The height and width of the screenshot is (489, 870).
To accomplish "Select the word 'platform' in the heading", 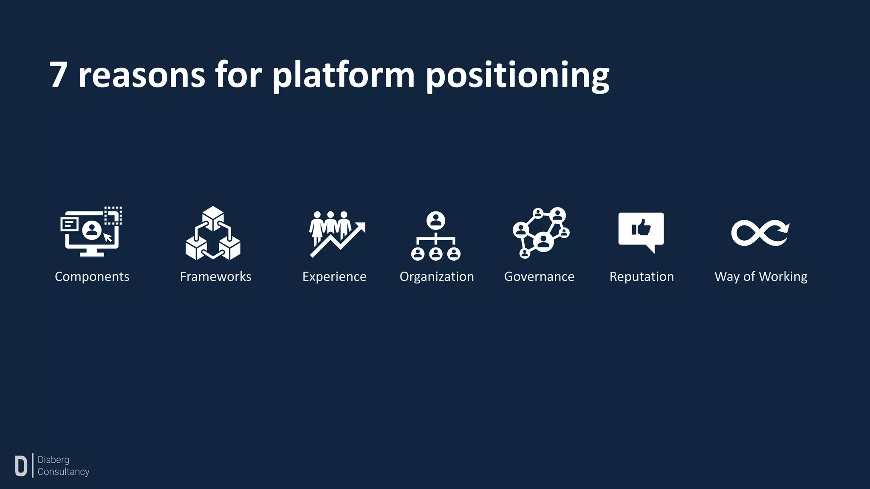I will pyautogui.click(x=343, y=76).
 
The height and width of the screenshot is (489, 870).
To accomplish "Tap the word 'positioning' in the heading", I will pyautogui.click(x=517, y=76).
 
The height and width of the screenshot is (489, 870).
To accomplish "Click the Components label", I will pyautogui.click(x=92, y=277).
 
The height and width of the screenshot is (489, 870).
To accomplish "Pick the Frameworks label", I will pyautogui.click(x=215, y=277).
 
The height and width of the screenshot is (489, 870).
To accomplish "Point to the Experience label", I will pyautogui.click(x=334, y=277).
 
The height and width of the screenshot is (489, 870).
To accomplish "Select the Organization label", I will pyautogui.click(x=436, y=277).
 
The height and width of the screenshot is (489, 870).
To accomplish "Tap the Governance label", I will pyautogui.click(x=539, y=277).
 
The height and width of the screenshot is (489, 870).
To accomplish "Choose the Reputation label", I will pyautogui.click(x=641, y=277).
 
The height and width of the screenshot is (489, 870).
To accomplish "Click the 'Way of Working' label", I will pyautogui.click(x=761, y=277).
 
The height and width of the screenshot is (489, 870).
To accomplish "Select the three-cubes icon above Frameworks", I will pyautogui.click(x=213, y=233).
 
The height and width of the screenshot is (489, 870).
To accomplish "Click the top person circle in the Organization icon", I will pyautogui.click(x=436, y=220).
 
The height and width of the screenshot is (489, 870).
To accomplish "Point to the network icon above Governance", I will pyautogui.click(x=541, y=233).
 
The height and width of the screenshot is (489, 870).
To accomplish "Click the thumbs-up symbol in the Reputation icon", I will pyautogui.click(x=641, y=228).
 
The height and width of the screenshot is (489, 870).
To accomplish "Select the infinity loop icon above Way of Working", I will pyautogui.click(x=760, y=233).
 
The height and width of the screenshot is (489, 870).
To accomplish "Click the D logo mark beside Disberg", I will pyautogui.click(x=21, y=466).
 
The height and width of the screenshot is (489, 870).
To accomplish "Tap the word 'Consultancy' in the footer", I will pyautogui.click(x=63, y=472).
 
